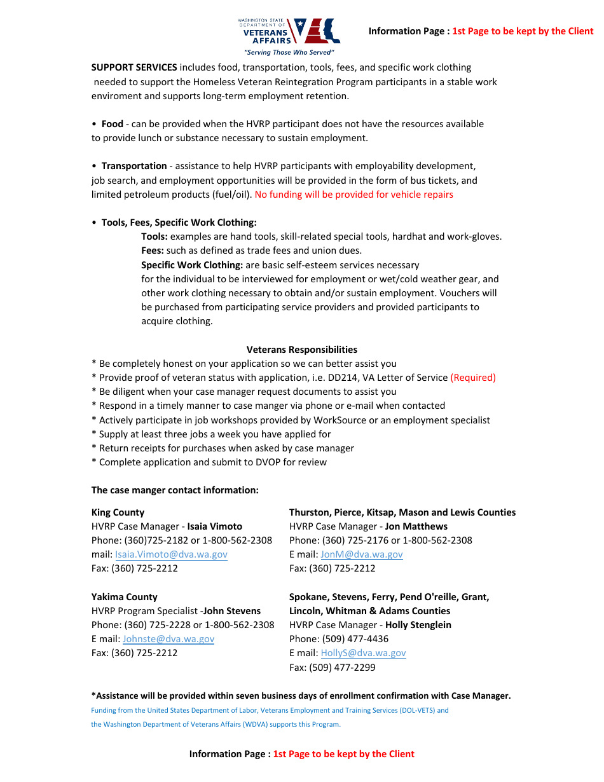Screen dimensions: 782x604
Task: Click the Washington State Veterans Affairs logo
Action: [x=289, y=31]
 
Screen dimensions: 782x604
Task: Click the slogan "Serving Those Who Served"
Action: [x=289, y=53]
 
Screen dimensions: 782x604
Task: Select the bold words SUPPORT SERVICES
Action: [x=134, y=67]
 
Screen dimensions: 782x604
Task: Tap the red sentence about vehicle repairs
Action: [x=353, y=195]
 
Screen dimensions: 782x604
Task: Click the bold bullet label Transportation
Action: [x=134, y=166]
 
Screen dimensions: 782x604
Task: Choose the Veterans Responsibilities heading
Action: [x=301, y=350]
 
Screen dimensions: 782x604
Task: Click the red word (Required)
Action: [x=473, y=378]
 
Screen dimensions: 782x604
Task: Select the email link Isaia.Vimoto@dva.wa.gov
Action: [x=171, y=554]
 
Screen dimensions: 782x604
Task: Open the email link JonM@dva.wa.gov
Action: [x=362, y=554]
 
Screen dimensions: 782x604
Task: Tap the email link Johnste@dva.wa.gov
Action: [x=168, y=639]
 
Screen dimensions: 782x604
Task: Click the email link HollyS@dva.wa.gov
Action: [x=363, y=653]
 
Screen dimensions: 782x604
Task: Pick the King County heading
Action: [x=118, y=512]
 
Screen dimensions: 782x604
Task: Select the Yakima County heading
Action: [x=124, y=597]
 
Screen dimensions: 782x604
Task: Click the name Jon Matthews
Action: [x=416, y=526]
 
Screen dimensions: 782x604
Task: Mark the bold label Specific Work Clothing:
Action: [x=192, y=265]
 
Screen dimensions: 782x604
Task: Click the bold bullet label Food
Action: [x=113, y=124]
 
